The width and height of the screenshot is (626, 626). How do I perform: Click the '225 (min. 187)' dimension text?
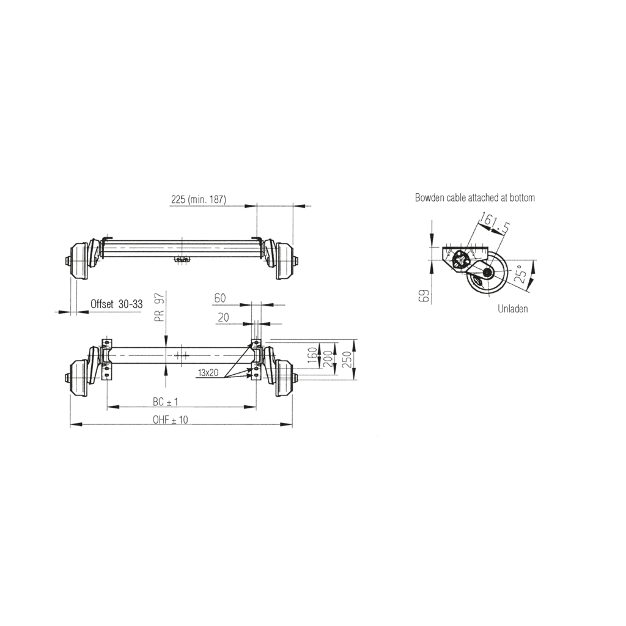[199, 199]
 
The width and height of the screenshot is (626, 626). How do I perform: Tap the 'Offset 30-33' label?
[116, 304]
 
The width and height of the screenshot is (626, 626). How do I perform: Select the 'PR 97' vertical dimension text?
[160, 307]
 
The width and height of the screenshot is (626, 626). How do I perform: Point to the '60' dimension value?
[219, 298]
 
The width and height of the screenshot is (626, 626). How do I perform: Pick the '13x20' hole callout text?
[208, 372]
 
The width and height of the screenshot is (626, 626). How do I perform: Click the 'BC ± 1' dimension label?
[165, 402]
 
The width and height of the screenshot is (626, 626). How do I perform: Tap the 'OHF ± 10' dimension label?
[171, 420]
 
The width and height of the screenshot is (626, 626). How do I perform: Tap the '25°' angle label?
[521, 275]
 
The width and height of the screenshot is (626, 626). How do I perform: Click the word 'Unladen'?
[512, 309]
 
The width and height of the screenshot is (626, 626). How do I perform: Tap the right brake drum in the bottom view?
[284, 378]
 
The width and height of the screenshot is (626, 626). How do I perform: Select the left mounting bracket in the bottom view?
[107, 361]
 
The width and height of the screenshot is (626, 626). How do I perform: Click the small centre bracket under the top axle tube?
[182, 260]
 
